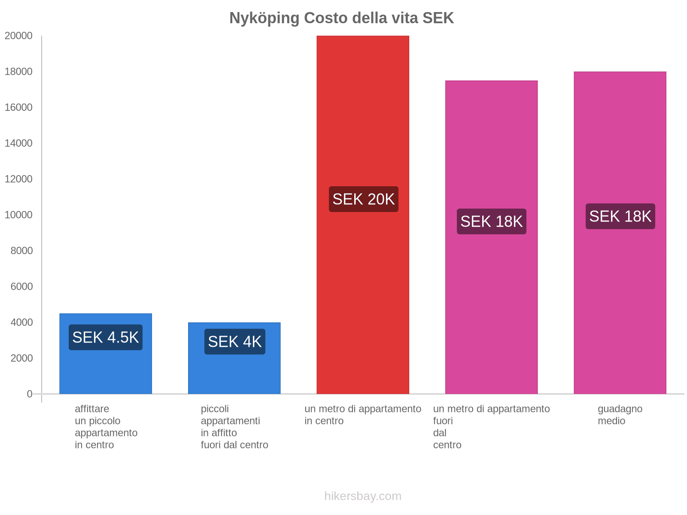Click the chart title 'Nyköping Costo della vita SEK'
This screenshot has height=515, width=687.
tap(341, 18)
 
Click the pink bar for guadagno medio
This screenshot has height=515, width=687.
tap(620, 300)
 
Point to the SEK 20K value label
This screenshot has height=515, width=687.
tap(363, 199)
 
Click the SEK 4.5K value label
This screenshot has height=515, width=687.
tap(106, 337)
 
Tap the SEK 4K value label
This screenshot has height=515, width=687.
tap(234, 342)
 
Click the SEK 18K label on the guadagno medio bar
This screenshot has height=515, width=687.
tap(620, 216)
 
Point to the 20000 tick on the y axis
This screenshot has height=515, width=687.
tap(18, 36)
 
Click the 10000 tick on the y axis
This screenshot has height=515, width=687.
tap(18, 215)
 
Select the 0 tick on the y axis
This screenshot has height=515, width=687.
tap(30, 394)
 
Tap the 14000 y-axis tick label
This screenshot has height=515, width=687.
tap(18, 143)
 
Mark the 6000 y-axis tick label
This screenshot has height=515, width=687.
tap(21, 287)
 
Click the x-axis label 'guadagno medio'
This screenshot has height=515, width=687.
tap(620, 415)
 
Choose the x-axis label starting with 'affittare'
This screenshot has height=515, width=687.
tap(106, 427)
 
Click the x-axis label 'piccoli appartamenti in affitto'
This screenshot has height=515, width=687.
tap(234, 427)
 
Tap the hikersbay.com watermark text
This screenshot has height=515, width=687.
tap(363, 496)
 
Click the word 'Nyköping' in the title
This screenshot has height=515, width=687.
tap(264, 18)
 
